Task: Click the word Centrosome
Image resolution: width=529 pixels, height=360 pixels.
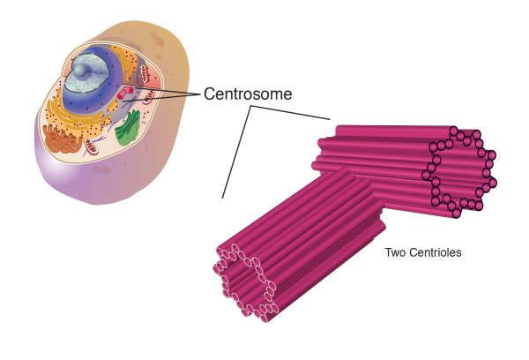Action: [x=248, y=93]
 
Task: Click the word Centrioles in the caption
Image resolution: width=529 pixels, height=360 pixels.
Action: [x=436, y=253]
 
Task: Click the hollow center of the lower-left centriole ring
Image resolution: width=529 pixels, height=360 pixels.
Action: [x=245, y=281]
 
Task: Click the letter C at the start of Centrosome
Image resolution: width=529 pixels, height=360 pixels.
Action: [x=210, y=93]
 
